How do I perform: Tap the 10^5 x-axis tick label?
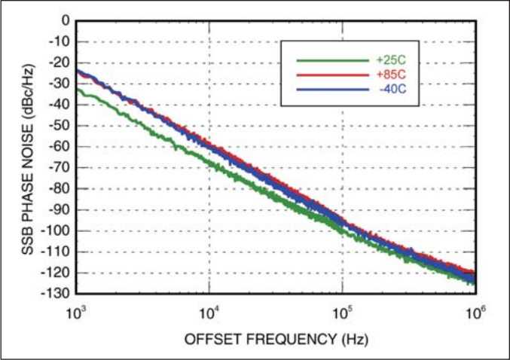click(342, 310)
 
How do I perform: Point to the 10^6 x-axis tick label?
click(474, 310)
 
